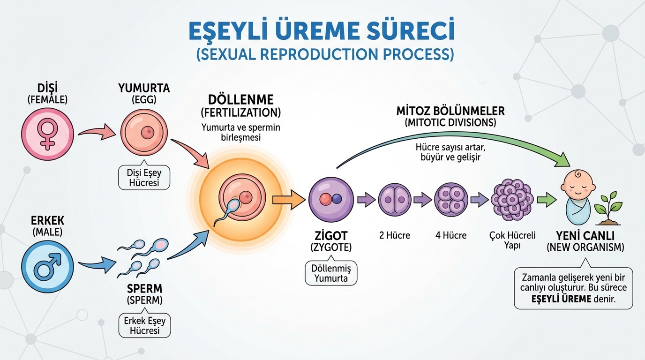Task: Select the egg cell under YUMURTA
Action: pyautogui.click(x=144, y=133)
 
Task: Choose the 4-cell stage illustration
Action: pyautogui.click(x=450, y=199)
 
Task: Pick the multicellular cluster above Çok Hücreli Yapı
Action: pyautogui.click(x=512, y=199)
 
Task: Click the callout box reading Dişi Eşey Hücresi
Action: pyautogui.click(x=144, y=178)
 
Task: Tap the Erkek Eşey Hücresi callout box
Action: pyautogui.click(x=144, y=325)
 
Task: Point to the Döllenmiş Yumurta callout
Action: pyautogui.click(x=331, y=273)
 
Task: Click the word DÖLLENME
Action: pyautogui.click(x=240, y=101)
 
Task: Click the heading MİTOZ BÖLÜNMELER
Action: pyautogui.click(x=450, y=111)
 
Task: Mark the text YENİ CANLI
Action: pyautogui.click(x=585, y=235)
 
